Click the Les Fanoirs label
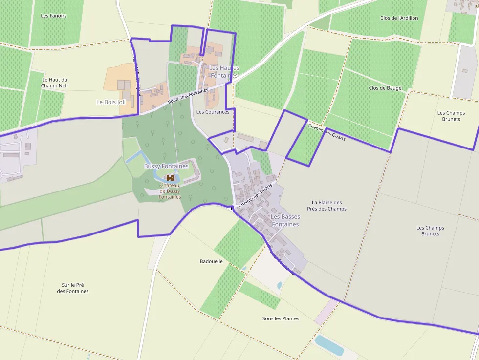(x=54, y=16)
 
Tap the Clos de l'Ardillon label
(x=399, y=18)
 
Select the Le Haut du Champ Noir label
(x=55, y=83)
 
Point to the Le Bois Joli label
(x=111, y=102)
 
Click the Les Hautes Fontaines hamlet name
(x=224, y=72)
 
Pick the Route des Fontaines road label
(x=188, y=95)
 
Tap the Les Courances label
(x=213, y=112)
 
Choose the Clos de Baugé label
(x=385, y=88)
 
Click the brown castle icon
(x=170, y=178)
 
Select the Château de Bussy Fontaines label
(x=170, y=191)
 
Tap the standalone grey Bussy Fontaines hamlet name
(x=166, y=166)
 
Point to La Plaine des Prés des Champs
(x=327, y=205)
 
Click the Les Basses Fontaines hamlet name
(x=285, y=220)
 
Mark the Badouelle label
(x=211, y=261)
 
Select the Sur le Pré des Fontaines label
(x=73, y=288)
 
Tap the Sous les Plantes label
(x=281, y=318)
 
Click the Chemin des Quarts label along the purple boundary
(x=327, y=132)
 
